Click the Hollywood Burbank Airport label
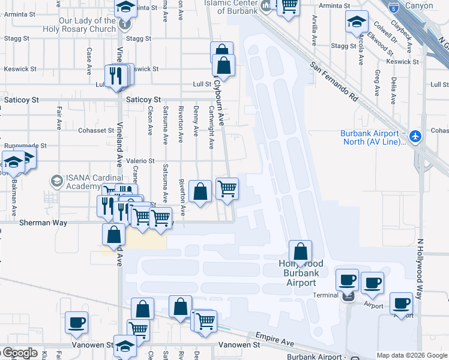pyautogui.click(x=301, y=273)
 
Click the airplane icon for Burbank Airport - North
pyautogui.click(x=415, y=137)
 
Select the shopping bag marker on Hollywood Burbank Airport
pyautogui.click(x=301, y=252)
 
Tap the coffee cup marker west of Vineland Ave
pyautogui.click(x=77, y=322)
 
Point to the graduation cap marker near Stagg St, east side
pyautogui.click(x=357, y=23)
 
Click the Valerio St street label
pyautogui.click(x=140, y=161)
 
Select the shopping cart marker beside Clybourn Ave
pyautogui.click(x=227, y=188)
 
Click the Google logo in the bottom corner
pyautogui.click(x=19, y=353)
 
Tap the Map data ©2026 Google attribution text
pyautogui.click(x=412, y=355)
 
